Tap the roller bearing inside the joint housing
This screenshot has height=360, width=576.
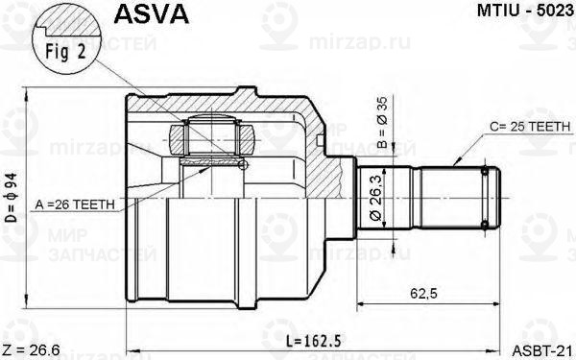pos(210,133)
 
